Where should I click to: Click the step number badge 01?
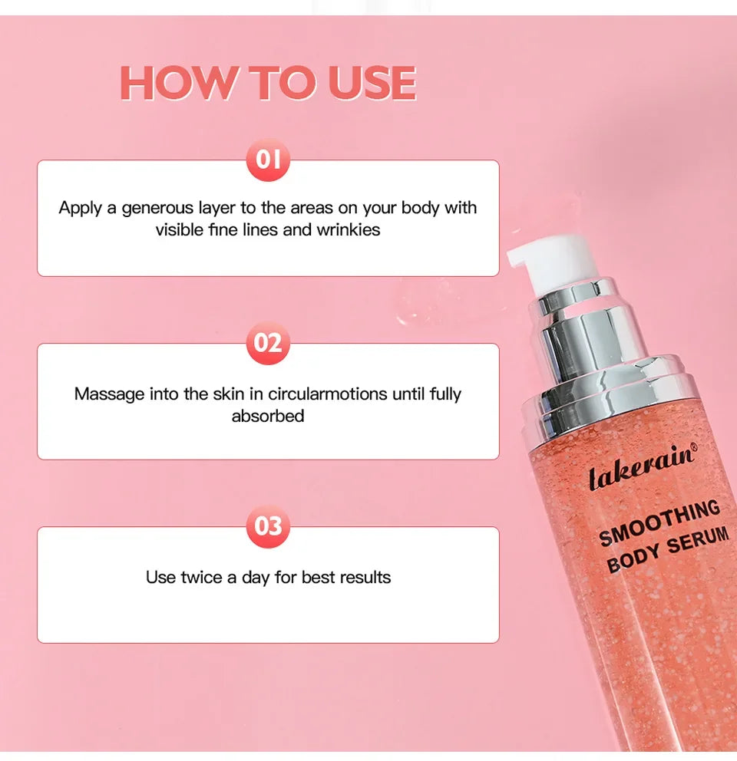click(268, 160)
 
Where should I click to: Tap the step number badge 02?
click(268, 343)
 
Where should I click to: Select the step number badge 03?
click(268, 526)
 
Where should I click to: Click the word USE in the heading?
click(372, 84)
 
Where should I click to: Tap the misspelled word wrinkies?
click(349, 229)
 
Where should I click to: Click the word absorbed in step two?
click(268, 416)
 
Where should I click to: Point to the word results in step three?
click(365, 577)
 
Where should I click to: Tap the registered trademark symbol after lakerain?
click(693, 447)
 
